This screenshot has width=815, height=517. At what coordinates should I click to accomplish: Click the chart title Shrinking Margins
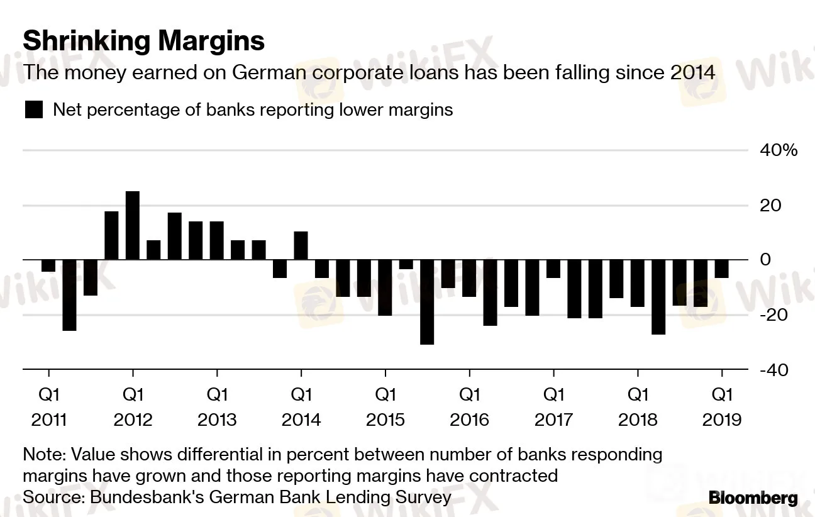coord(143,42)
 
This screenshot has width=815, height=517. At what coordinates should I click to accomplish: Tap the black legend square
coord(33,110)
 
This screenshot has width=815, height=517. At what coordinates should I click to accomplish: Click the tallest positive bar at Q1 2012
coord(133,225)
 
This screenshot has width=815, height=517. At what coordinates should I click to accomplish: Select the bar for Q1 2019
coord(721,269)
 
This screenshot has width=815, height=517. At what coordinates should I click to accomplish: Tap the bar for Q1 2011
coord(48,265)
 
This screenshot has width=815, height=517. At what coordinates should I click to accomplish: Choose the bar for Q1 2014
coord(301,246)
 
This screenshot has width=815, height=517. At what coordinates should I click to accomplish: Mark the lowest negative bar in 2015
coord(427,302)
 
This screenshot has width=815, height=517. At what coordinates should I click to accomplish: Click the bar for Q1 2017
coord(553,269)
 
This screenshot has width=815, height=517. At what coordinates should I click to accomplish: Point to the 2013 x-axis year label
coord(217,420)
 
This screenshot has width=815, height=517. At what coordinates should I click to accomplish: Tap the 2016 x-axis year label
coord(469,420)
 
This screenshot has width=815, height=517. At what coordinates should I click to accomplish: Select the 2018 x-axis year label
coord(638,420)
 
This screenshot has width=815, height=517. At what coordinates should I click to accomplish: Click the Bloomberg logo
coord(753,499)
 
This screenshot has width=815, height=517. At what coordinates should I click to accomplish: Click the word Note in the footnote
coord(43,454)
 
